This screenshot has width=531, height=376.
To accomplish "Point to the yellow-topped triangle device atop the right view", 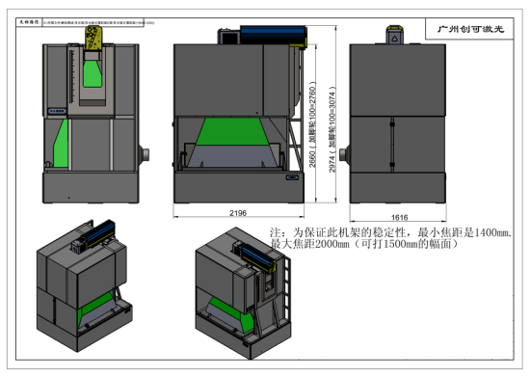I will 395,36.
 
